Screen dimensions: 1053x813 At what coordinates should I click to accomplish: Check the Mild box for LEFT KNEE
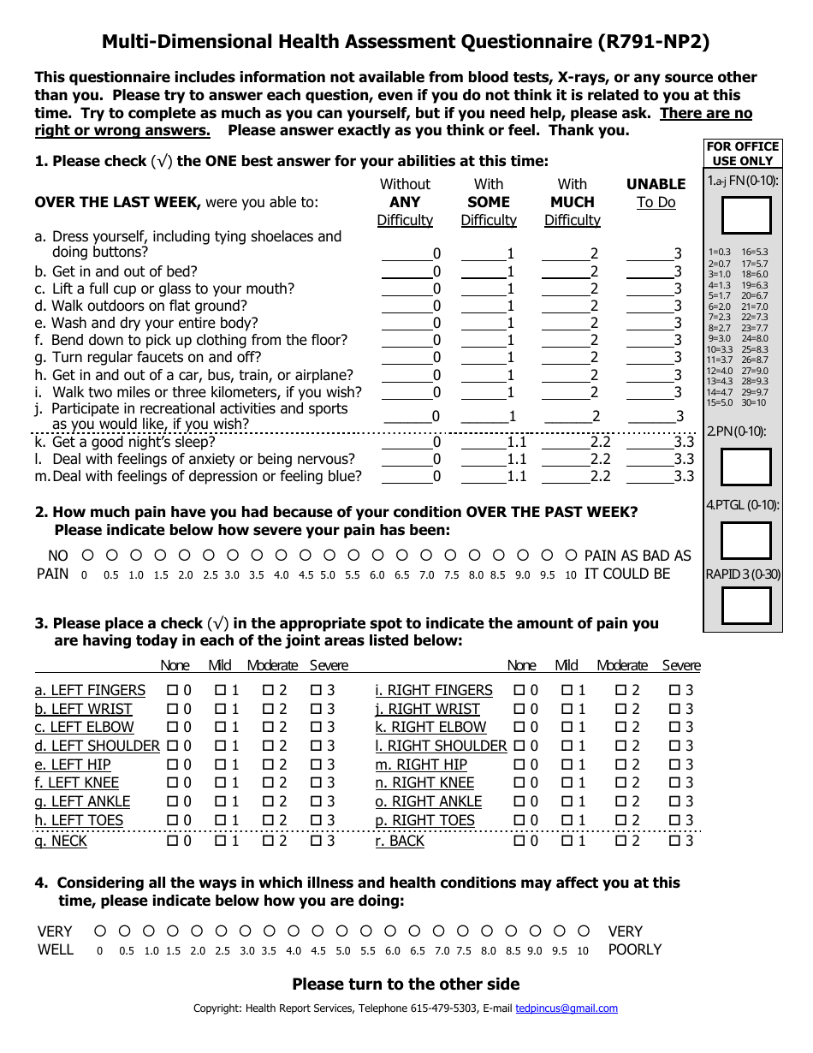coord(220,782)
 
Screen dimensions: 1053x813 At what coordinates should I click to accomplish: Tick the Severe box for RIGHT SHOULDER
coord(674,746)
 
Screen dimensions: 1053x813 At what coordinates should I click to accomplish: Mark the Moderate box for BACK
coord(622,841)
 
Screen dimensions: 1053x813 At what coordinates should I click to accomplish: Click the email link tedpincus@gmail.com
coord(566,1008)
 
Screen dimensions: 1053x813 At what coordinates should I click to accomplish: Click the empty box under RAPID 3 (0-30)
coord(746,605)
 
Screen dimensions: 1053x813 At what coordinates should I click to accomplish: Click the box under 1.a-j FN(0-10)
coord(746,215)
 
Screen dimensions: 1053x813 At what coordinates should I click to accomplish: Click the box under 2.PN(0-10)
coord(746,467)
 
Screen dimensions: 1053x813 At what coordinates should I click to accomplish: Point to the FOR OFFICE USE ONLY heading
coord(743,153)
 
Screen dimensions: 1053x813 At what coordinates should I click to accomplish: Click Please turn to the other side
coord(406,984)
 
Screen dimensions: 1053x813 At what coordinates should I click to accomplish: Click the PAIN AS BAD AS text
coord(638,556)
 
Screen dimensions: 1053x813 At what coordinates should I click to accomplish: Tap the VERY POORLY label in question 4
coord(634,940)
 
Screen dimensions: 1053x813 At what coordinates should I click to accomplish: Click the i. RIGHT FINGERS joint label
coord(434,690)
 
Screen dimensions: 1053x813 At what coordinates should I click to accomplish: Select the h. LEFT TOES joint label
coord(79,820)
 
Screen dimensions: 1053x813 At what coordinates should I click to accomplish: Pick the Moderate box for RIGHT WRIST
coord(622,709)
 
